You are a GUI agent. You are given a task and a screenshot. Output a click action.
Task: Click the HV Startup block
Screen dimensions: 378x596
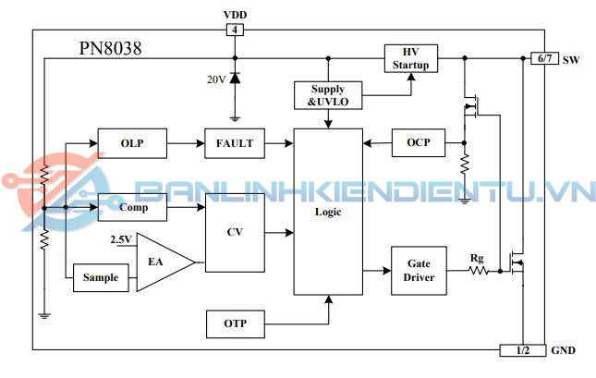[x=410, y=57]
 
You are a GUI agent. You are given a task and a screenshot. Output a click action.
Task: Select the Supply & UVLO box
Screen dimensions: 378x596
[x=327, y=95]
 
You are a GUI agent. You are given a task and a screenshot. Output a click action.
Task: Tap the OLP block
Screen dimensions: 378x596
[x=133, y=143]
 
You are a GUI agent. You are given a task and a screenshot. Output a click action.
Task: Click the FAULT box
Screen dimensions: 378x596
[x=234, y=143]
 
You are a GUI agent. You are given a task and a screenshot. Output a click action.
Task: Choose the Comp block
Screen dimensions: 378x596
[x=133, y=209]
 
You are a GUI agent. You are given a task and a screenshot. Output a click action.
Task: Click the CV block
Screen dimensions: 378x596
[x=234, y=232]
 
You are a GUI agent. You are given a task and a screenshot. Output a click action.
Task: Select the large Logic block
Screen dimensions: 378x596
[x=327, y=212]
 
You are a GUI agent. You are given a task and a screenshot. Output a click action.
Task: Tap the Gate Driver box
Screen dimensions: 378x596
[x=419, y=270]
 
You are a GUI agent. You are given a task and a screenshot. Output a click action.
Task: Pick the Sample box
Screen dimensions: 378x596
[x=101, y=277]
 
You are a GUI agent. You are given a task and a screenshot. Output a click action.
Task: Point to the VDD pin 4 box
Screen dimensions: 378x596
[x=235, y=30]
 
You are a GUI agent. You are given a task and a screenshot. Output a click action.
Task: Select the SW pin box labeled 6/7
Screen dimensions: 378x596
[x=541, y=59]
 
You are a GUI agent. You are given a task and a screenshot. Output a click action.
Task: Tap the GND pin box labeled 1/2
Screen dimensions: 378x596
[x=523, y=350]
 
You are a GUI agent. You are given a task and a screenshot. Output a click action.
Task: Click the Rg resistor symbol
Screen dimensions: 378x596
[x=478, y=271]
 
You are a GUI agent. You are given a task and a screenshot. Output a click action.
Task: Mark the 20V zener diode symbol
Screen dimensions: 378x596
[x=235, y=79]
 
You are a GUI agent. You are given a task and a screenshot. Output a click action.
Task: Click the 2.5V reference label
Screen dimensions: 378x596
[x=121, y=239]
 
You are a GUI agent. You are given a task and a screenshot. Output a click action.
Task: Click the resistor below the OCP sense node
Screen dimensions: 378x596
[x=464, y=165]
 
